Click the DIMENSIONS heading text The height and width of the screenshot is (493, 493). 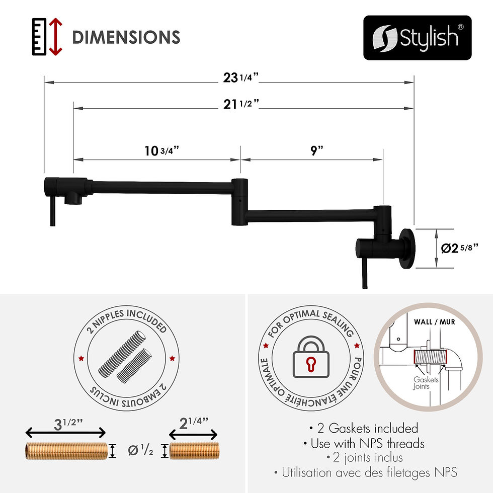[126, 37]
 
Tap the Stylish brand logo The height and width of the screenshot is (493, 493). [418, 38]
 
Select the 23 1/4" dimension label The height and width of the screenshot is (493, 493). [240, 77]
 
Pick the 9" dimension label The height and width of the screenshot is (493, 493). [316, 151]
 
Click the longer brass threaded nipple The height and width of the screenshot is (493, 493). [66, 450]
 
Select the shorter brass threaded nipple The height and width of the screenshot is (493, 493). [194, 450]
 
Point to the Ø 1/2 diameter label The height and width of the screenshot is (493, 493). [141, 450]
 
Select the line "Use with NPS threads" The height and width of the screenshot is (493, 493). [364, 443]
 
